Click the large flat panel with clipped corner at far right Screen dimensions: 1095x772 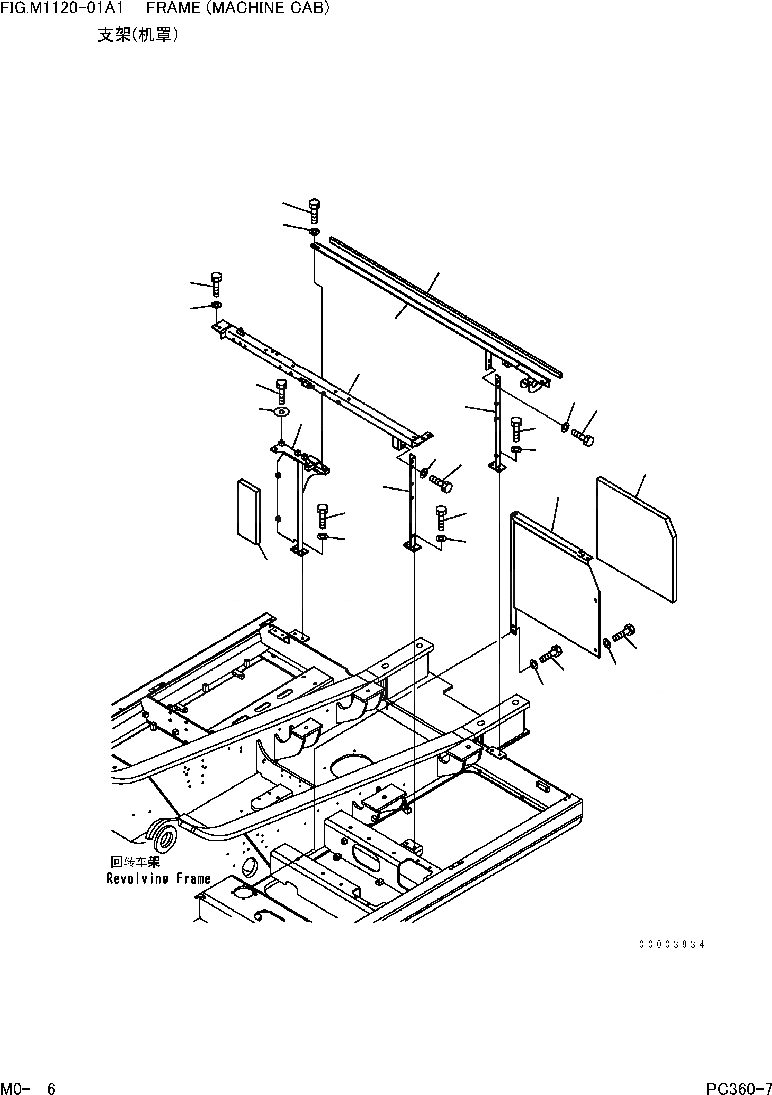tap(636, 539)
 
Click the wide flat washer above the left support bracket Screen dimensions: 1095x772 tap(281, 411)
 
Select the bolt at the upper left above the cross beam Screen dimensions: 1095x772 tap(216, 284)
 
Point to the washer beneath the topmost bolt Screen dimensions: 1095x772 tap(314, 232)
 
